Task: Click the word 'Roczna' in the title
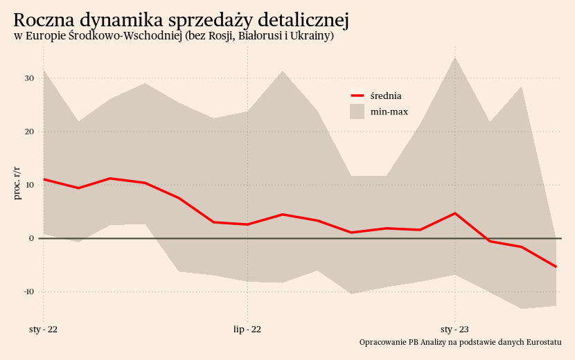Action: pos(42,21)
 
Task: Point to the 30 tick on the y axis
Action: pos(29,78)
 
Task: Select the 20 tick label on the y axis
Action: pos(29,132)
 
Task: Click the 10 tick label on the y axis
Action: pos(29,185)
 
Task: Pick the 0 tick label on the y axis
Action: pos(31,238)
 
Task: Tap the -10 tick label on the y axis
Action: pos(28,291)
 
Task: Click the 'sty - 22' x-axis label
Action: pos(44,329)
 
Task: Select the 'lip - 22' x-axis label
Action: pos(247,329)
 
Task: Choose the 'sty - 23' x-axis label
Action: pos(454,329)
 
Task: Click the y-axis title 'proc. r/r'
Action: pos(17,183)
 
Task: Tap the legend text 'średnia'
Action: pos(386,96)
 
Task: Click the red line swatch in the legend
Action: pos(357,96)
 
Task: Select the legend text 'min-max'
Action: pos(389,111)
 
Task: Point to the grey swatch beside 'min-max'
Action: pos(357,111)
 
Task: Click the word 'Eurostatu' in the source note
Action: pos(544,342)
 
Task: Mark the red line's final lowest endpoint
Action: pos(556,267)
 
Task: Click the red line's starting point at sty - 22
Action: pos(44,179)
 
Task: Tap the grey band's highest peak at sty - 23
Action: pos(454,57)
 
